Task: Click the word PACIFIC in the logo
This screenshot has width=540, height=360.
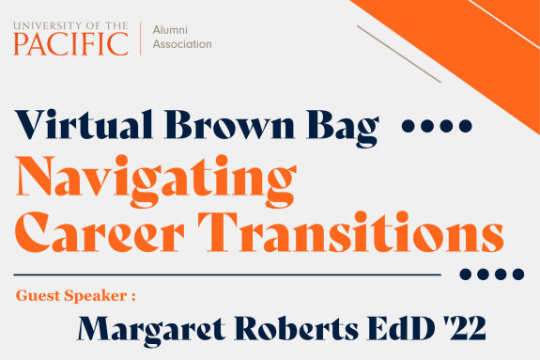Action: pos(71,42)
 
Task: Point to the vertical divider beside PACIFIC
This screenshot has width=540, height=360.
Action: pos(140,38)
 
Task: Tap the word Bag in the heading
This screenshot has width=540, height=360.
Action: pos(351,127)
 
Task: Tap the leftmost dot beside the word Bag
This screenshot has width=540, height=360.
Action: pos(407,126)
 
